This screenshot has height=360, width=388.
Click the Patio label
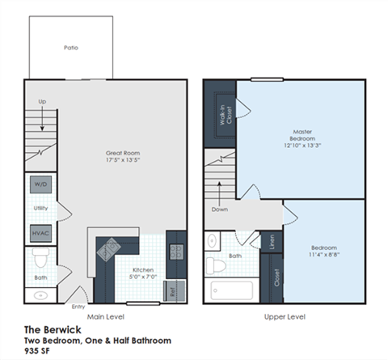tap(72, 48)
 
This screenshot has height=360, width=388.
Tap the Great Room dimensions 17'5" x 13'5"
tap(124, 161)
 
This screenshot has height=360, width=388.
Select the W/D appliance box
tap(40, 184)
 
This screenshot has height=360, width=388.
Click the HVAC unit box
tap(40, 231)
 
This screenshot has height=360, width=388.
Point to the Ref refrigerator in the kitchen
tap(172, 288)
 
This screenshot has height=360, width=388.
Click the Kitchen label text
tap(142, 269)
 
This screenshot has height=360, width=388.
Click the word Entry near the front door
tap(78, 307)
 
